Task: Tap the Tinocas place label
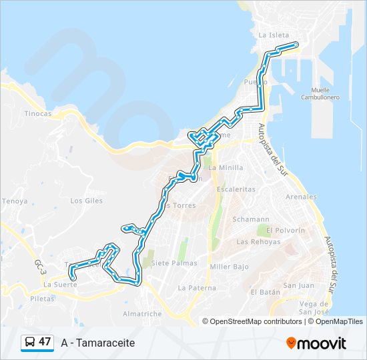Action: [38, 113]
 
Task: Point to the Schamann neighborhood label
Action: [250, 219]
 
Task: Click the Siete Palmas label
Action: [174, 263]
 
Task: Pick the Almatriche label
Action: [142, 313]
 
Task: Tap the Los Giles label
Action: [86, 200]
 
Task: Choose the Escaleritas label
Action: [236, 189]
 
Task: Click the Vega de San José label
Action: [314, 307]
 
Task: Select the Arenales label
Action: [301, 197]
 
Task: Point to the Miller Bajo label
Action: [229, 267]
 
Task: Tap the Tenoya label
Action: [15, 201]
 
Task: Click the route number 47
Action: [45, 342]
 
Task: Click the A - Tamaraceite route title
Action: [97, 343]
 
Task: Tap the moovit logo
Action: [316, 343]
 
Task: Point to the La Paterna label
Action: [197, 288]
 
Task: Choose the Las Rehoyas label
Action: [258, 241]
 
